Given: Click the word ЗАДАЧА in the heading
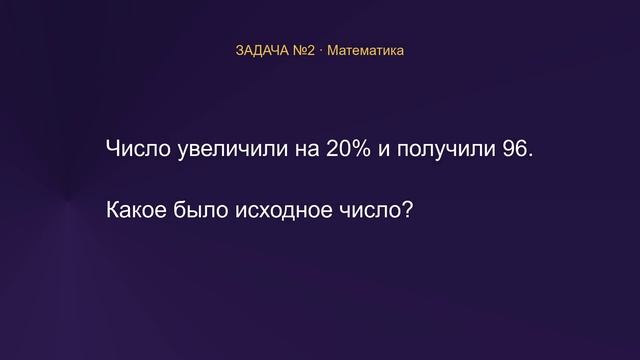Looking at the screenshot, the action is point(262,51).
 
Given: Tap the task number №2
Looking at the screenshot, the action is point(304,51).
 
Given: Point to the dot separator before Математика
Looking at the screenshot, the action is point(321,51).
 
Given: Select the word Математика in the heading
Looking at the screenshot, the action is point(365,51).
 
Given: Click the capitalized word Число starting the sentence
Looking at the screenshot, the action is point(138,148).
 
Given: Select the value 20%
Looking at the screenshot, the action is point(349,148).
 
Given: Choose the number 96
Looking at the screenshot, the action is point(514,148).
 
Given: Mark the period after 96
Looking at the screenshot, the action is point(530,155).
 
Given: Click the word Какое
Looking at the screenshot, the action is point(136,210).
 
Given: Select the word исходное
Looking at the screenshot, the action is point(284,211).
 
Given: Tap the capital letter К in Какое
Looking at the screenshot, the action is point(113,210).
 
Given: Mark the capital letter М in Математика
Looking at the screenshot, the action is point(333,51).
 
